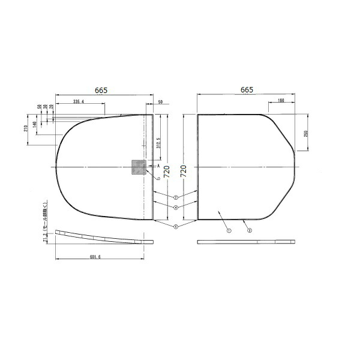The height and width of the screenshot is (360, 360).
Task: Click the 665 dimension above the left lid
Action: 101,90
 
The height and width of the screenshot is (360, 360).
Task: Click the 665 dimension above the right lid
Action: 247,89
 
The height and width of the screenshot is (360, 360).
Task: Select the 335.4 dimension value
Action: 79,103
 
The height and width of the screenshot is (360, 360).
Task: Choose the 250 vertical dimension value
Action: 305,133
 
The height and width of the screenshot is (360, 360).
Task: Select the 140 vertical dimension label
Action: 35,123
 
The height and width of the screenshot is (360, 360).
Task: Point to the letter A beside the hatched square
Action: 157,165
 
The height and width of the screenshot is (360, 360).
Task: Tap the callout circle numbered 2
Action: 175,197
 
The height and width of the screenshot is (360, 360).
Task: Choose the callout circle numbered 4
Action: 175,207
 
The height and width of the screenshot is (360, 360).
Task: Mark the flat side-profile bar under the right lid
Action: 246,242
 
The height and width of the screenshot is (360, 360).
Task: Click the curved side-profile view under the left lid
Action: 102,236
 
